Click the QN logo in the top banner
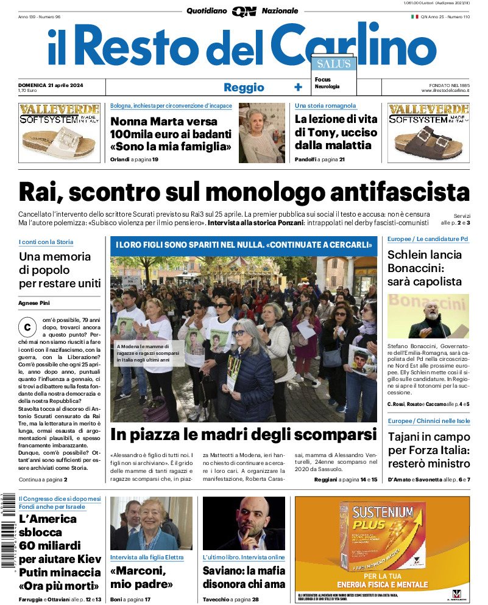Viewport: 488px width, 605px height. coord(244,11)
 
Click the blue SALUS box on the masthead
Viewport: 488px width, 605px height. coord(333,64)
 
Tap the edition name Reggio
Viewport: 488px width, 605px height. coord(244,87)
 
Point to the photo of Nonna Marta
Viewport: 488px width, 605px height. coord(261,133)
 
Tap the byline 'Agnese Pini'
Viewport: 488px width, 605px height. coord(34,303)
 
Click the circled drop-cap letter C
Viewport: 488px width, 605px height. coord(27,327)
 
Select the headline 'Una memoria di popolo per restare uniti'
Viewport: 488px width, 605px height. coord(59,270)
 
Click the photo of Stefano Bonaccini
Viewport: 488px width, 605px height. coord(428,316)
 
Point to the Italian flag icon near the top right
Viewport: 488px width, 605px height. coord(414,16)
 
